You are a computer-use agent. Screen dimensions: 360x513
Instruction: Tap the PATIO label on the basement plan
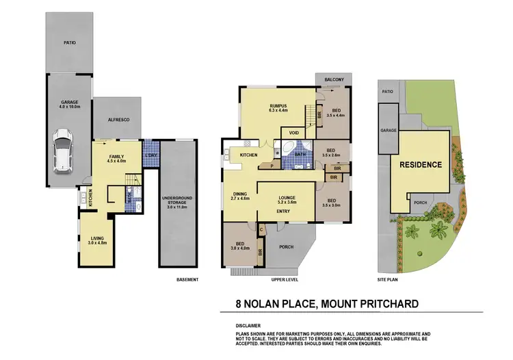point(70,42)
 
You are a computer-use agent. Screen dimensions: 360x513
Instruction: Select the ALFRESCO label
point(119,119)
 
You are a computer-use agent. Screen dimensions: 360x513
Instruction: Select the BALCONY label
point(334,80)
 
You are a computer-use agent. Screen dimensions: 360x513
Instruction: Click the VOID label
point(294,133)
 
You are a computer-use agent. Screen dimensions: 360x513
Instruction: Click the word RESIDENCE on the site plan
point(420,164)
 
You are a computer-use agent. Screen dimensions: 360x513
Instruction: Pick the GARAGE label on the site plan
point(389,130)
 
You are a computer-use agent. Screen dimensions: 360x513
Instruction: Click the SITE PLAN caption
point(389,279)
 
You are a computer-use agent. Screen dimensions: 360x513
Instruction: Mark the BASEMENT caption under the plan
point(187,279)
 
